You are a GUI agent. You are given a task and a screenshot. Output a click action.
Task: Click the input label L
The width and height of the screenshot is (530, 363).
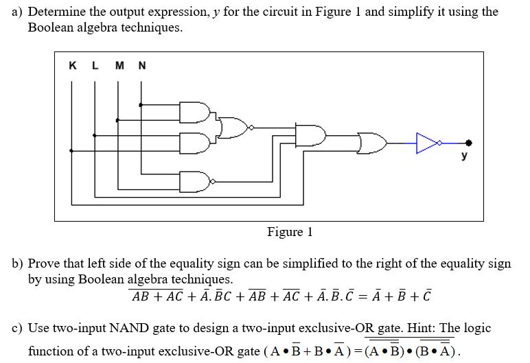95,66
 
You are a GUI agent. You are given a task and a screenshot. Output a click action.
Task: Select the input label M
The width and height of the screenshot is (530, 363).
119,66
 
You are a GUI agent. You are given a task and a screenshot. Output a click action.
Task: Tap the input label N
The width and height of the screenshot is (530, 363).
142,66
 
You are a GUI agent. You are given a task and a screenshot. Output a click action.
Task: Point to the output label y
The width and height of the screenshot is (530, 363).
465,156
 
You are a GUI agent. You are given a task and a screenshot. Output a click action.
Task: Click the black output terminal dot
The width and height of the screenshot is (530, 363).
469,143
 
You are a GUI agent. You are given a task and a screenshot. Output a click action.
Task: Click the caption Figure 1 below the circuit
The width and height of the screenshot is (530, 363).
290,232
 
